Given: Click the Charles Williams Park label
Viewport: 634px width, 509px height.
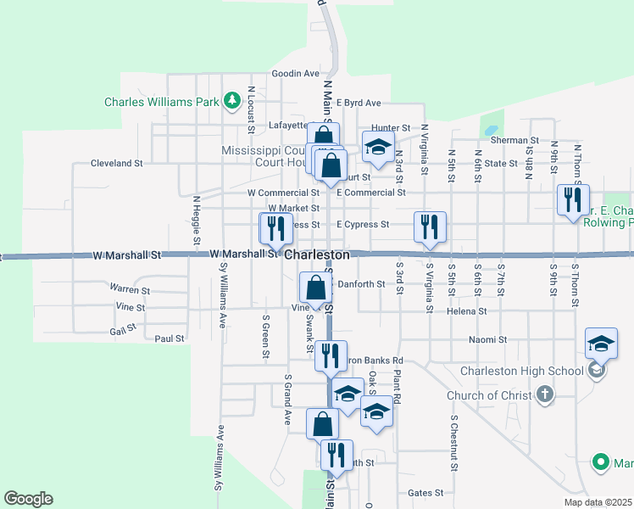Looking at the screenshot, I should coord(161,102).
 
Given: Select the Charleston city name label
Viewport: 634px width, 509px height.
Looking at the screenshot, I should coord(317,255).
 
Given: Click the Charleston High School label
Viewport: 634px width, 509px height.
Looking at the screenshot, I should coord(522,371).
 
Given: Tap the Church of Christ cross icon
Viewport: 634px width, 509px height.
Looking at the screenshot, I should coord(545,394).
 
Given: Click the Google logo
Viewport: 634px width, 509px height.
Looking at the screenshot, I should coord(28,499).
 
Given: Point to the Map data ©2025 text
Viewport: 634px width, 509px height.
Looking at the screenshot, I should coord(598,502).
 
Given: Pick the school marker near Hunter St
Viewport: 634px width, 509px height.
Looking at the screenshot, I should coord(378,148).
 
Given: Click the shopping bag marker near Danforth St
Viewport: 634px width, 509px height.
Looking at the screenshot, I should coord(316,288).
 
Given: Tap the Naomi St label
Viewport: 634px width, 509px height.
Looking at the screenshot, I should coord(487,340).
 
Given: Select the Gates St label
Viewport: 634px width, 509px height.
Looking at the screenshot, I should coord(425,493).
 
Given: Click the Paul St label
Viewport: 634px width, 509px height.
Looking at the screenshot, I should coord(170,338).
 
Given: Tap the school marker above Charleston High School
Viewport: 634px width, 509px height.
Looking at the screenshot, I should coord(601,344).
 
